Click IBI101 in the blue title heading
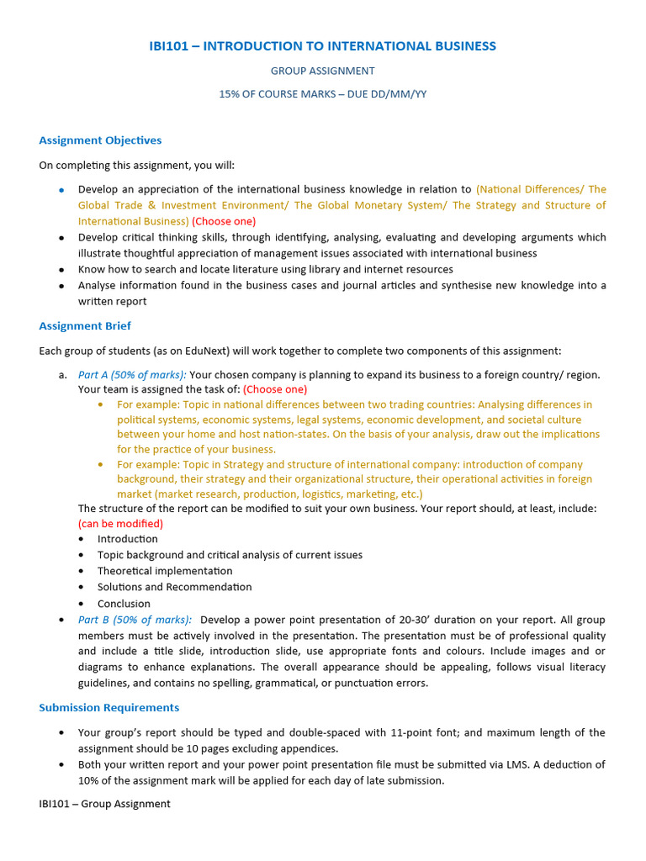point(172,46)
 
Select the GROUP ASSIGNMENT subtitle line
point(322,71)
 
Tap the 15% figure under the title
point(230,94)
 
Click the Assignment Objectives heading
point(100,140)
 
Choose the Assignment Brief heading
point(85,325)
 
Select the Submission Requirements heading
point(109,707)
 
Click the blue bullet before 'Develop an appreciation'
point(61,191)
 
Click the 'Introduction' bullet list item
point(127,539)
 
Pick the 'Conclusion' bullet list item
point(124,604)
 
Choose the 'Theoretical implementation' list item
point(165,571)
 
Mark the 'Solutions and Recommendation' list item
point(174,587)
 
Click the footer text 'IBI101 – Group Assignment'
point(104,804)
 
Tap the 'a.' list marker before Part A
point(63,375)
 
